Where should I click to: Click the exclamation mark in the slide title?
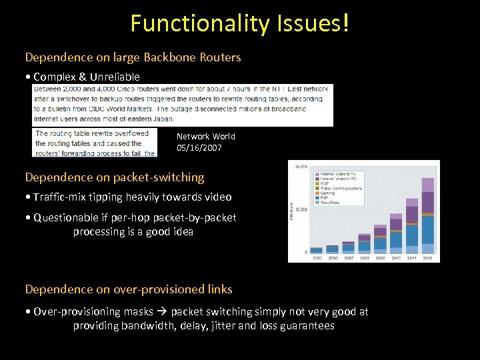click(345, 23)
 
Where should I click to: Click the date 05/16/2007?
click(199, 147)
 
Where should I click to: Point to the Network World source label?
click(206, 136)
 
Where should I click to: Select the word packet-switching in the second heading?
click(159, 177)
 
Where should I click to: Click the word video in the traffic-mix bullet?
click(217, 197)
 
